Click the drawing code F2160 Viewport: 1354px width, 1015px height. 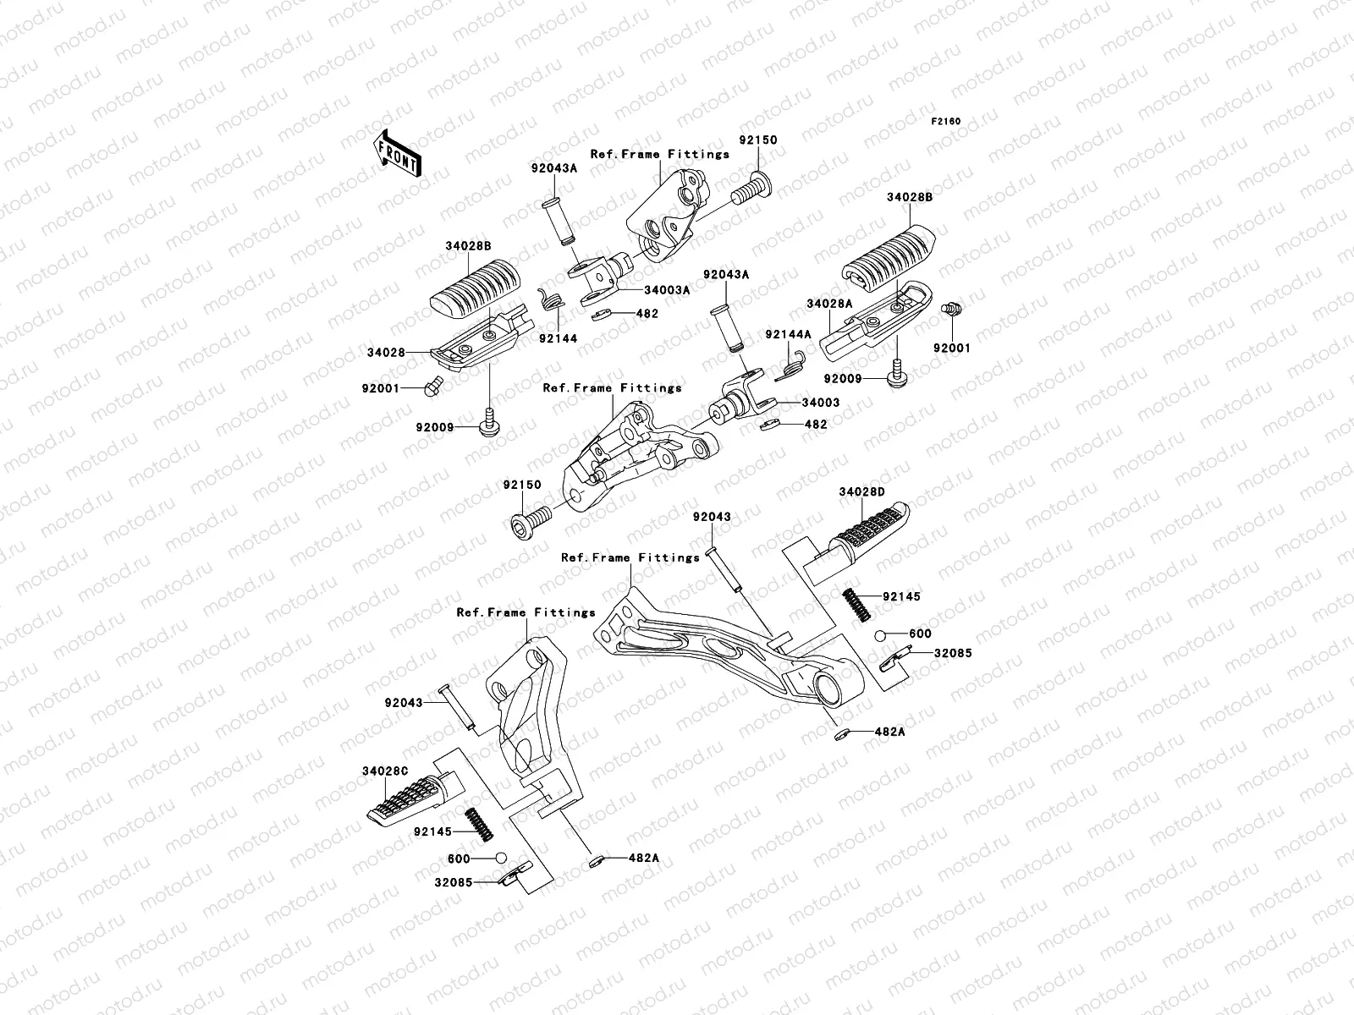point(946,122)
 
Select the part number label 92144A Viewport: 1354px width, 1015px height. point(788,335)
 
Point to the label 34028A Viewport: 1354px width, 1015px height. point(828,303)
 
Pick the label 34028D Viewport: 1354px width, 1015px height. point(861,491)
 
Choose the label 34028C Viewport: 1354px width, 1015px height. point(386,771)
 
